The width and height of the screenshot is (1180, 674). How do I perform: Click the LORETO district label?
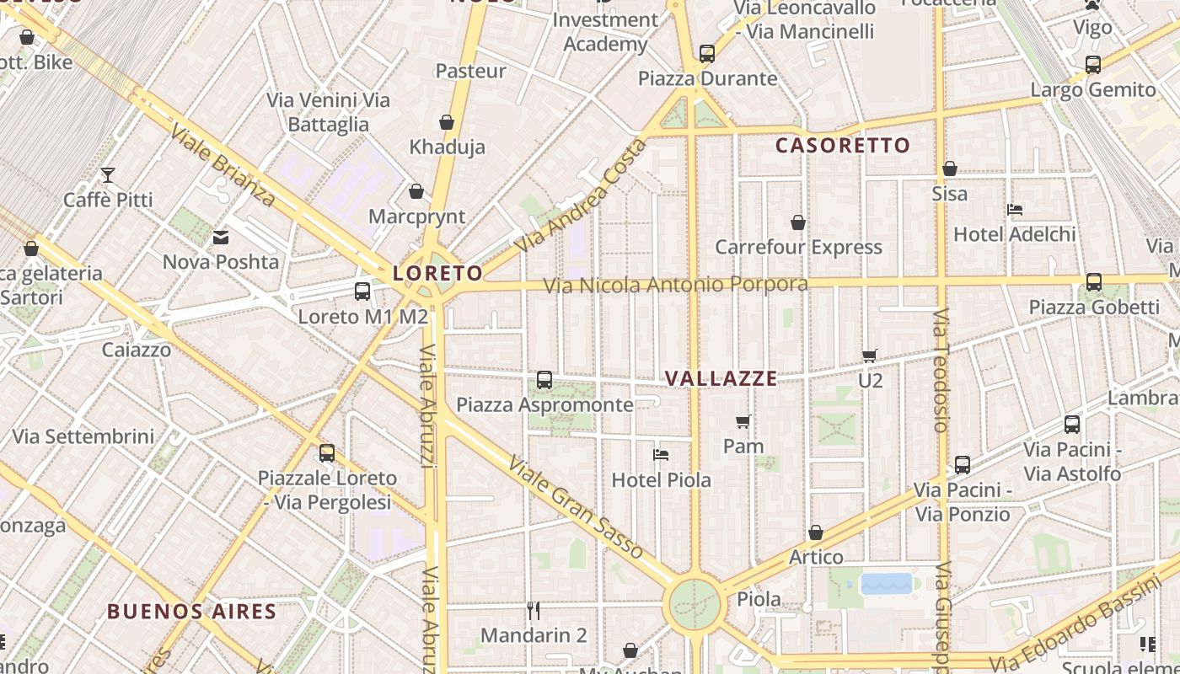click(x=437, y=273)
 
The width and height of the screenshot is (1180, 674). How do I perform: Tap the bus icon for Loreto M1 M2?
click(x=362, y=292)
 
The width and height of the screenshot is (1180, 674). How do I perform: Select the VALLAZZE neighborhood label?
click(x=721, y=378)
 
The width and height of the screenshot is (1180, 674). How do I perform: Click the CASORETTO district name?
click(x=843, y=145)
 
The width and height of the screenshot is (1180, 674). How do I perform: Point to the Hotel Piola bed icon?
click(x=661, y=455)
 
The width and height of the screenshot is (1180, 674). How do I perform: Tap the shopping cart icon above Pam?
click(x=743, y=421)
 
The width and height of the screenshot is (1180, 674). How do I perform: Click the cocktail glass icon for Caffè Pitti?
click(x=108, y=175)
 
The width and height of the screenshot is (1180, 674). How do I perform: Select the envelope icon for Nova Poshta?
click(x=221, y=238)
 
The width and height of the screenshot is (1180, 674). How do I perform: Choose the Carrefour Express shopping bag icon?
click(x=797, y=222)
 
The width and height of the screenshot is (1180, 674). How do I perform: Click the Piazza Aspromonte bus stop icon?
click(x=544, y=380)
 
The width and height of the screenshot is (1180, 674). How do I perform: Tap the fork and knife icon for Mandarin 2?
click(x=533, y=610)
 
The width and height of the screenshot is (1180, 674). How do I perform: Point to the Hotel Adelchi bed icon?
click(x=1015, y=209)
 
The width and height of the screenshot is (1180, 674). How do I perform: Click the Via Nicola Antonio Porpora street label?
click(x=675, y=285)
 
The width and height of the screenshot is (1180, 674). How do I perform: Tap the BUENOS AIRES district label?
click(x=191, y=612)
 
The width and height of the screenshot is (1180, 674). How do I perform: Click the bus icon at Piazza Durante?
click(x=707, y=54)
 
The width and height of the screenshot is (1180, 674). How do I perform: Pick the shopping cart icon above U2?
click(x=870, y=356)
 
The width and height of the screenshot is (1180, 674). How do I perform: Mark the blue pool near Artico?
click(x=886, y=584)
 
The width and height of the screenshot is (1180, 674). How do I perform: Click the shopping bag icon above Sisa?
click(x=950, y=168)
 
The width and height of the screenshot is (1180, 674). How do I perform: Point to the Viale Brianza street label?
click(x=223, y=165)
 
